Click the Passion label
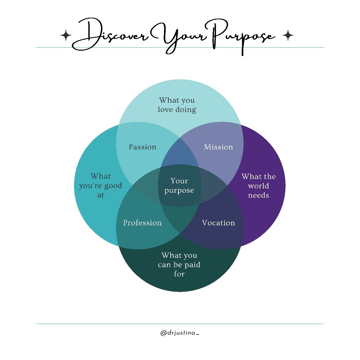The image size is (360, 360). coord(142,147)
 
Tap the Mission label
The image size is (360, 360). coord(218,147)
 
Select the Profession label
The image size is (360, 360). coord(142,223)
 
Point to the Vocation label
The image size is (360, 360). coord(218,223)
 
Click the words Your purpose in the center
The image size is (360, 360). coord(179,186)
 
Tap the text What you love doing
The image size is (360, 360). coord(177,105)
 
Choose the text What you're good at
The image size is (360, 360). coord(101,186)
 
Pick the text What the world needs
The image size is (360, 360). coord(259,186)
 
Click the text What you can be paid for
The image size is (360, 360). coord(179,265)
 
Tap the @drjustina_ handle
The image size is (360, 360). coord(180,333)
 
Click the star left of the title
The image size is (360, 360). coord(66,35)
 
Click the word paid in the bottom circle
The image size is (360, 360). coord(192,265)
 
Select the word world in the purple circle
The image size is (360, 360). coord(258,186)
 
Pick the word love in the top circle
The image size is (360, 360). coord(164,109)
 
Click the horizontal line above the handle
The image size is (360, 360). coord(180,324)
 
